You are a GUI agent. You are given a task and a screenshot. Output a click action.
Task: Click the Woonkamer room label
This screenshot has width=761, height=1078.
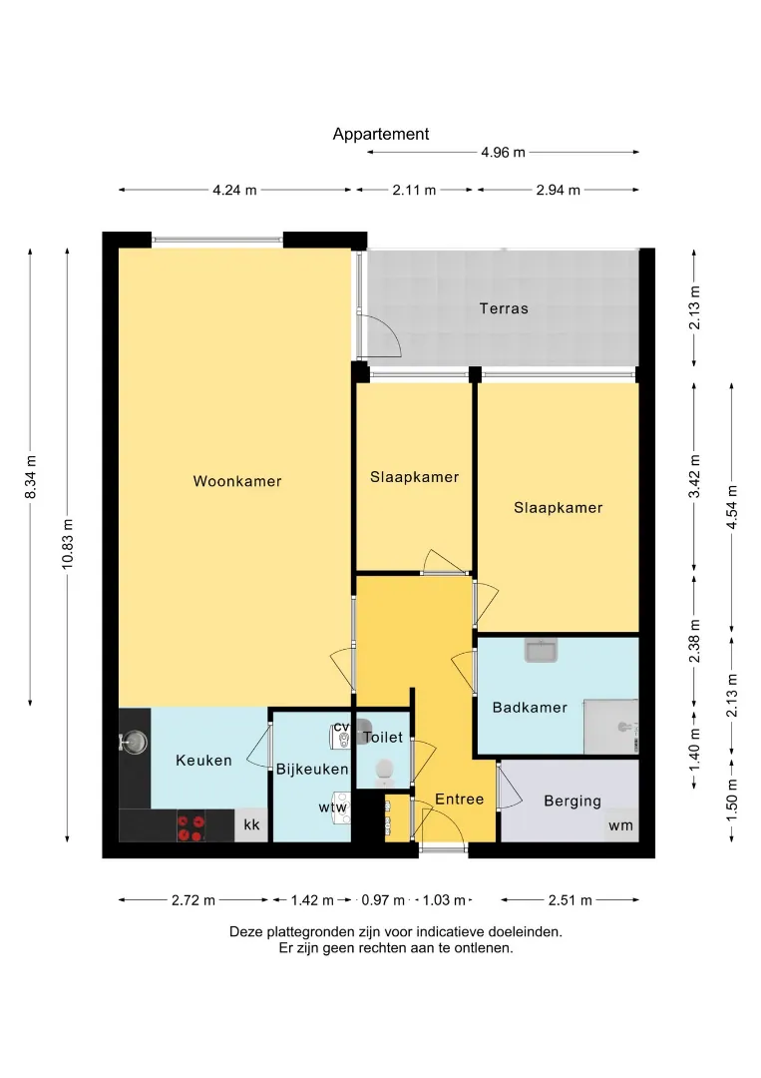click(x=237, y=481)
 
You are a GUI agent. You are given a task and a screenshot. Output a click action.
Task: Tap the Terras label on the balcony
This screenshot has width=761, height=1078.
click(x=504, y=308)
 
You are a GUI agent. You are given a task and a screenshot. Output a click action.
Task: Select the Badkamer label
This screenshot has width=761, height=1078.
click(x=530, y=708)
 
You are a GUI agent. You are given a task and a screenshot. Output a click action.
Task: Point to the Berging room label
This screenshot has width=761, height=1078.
click(x=572, y=801)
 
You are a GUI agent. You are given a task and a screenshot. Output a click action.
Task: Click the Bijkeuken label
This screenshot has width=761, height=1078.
click(x=312, y=770)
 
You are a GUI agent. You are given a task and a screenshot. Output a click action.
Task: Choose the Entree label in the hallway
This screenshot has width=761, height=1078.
click(x=460, y=799)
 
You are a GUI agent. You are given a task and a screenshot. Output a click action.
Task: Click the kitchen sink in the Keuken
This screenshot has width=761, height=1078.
click(x=134, y=742)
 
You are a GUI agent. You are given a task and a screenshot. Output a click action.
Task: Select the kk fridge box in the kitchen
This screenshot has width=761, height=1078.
click(x=251, y=825)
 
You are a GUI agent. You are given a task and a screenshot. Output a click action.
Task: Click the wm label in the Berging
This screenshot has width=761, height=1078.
click(x=620, y=825)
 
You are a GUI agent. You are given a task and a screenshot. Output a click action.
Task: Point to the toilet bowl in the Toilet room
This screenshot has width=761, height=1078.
click(x=383, y=772)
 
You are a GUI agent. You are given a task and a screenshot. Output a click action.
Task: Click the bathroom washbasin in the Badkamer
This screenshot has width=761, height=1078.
click(x=542, y=650)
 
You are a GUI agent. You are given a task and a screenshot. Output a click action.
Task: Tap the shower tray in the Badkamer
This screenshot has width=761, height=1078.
click(x=610, y=727)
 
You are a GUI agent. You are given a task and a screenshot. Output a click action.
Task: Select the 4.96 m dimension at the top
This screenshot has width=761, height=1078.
click(x=503, y=153)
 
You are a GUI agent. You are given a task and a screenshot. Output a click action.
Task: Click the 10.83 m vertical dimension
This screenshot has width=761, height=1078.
click(x=67, y=544)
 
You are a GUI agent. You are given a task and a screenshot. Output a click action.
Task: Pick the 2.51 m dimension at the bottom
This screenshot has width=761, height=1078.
click(x=571, y=900)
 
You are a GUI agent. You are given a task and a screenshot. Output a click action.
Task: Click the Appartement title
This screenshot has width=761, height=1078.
click(x=381, y=134)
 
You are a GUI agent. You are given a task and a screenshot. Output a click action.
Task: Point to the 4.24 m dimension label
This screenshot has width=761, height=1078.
click(x=235, y=190)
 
